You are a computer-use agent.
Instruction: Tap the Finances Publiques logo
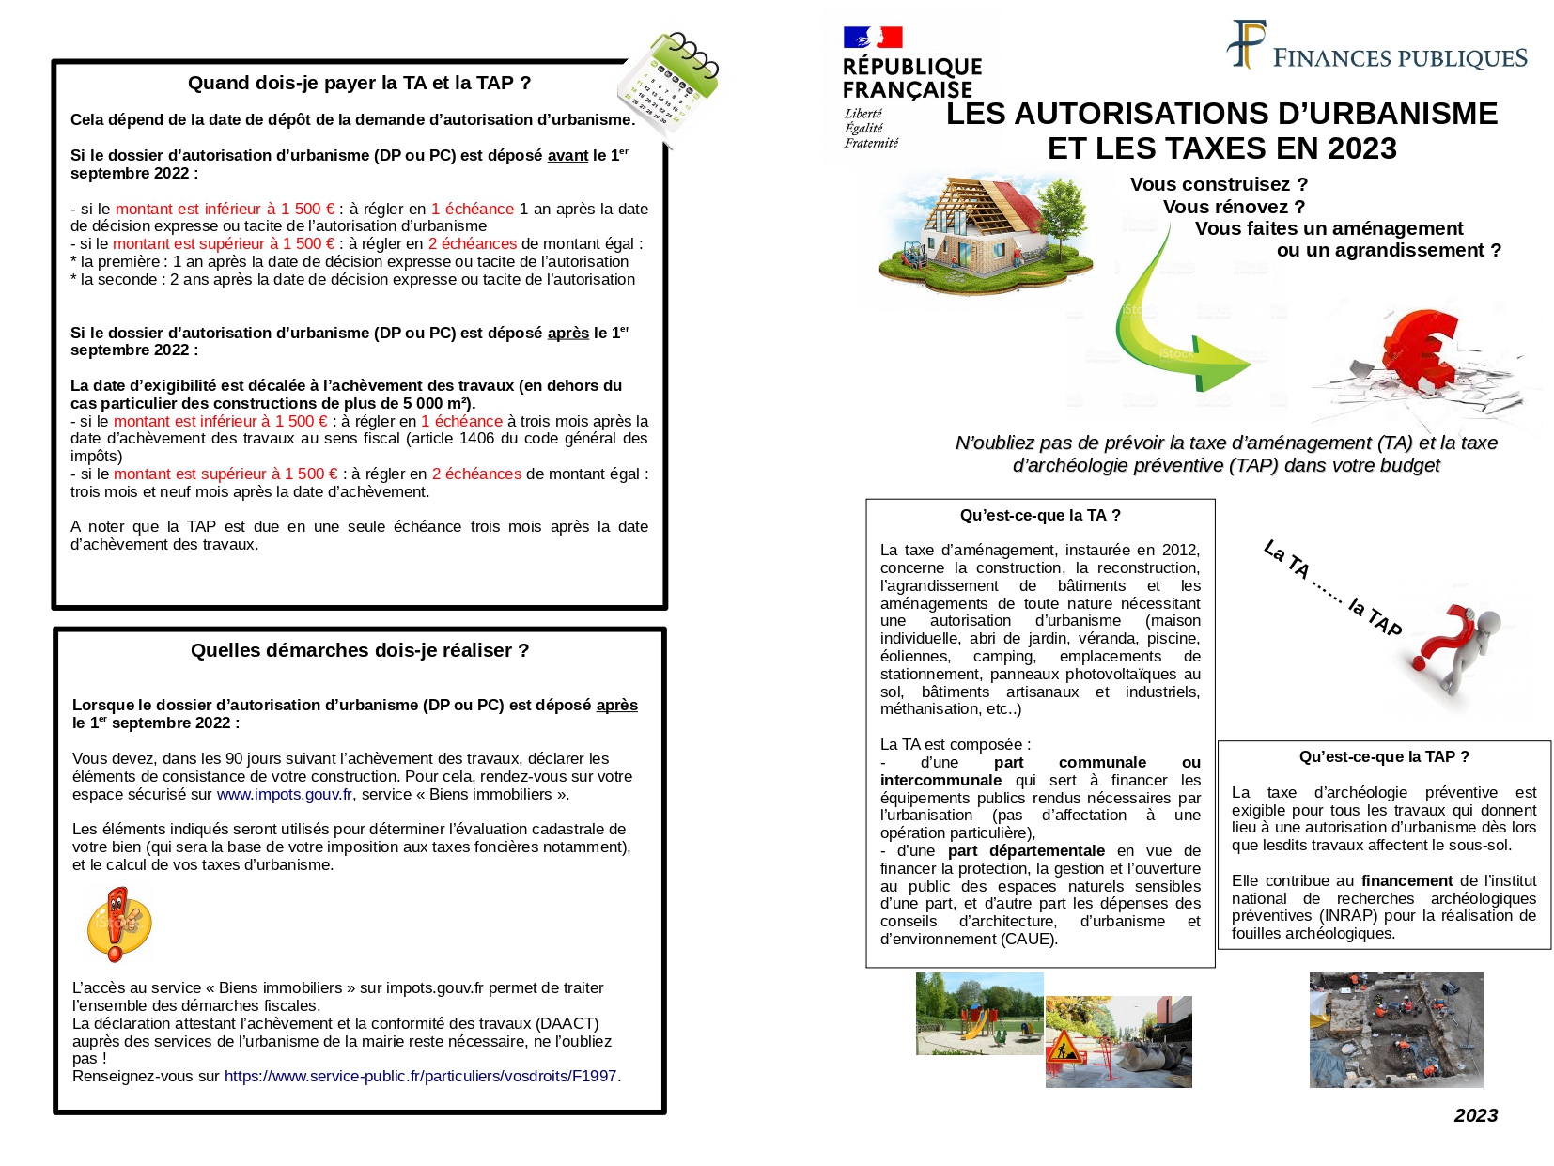(1376, 47)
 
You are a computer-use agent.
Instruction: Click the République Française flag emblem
(873, 37)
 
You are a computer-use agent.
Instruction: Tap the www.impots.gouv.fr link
(285, 795)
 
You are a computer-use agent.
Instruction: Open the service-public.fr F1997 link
(420, 1077)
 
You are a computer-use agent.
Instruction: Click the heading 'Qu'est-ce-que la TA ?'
(1040, 516)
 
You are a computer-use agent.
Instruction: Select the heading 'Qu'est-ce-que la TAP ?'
(1384, 757)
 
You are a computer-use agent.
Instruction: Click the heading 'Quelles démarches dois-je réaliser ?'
(360, 651)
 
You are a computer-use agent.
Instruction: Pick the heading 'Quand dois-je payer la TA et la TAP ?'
(359, 84)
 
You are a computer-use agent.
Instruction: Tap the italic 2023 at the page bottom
(1475, 1116)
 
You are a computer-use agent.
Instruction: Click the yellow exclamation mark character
(118, 925)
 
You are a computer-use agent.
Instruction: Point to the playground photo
(979, 1015)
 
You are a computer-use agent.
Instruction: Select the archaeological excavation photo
(1396, 1031)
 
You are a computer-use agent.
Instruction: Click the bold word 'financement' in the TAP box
(1406, 881)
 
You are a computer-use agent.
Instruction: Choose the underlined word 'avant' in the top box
(567, 156)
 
